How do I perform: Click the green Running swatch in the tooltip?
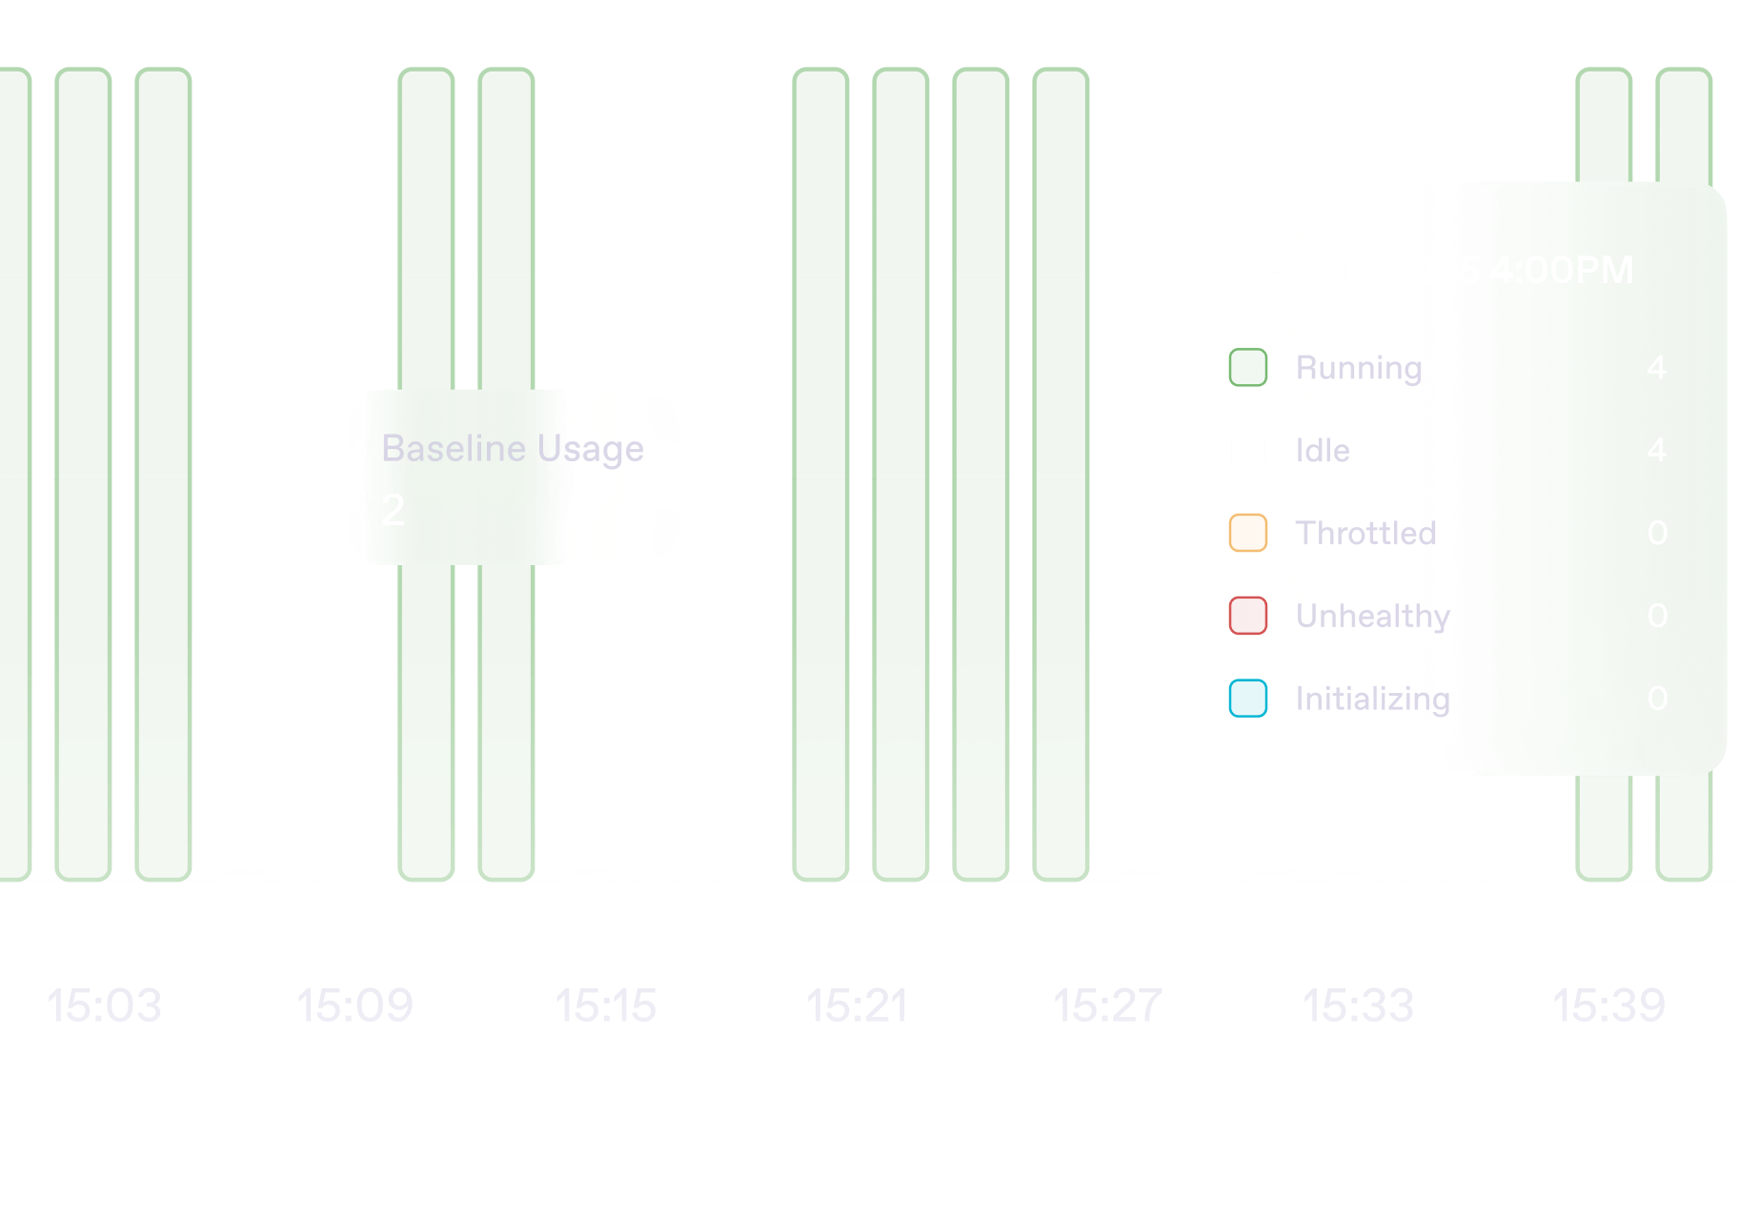pos(1248,368)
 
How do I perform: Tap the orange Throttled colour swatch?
pos(1248,533)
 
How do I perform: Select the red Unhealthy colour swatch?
pos(1248,616)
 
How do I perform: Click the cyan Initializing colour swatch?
pos(1248,699)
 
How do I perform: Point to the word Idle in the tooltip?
pos(1323,450)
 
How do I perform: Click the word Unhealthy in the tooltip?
pos(1373,617)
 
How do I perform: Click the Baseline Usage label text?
pos(513,448)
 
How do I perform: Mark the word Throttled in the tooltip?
pos(1365,533)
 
